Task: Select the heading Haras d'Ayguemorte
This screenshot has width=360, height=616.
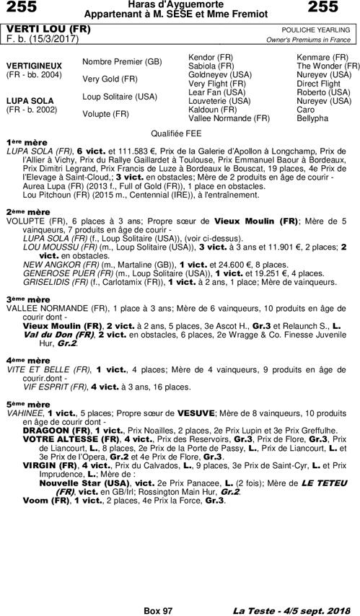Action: [180, 5]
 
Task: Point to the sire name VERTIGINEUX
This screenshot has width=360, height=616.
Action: [33, 65]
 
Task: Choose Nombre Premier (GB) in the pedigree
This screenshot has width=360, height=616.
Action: [122, 61]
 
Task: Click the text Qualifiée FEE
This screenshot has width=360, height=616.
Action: [180, 133]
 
